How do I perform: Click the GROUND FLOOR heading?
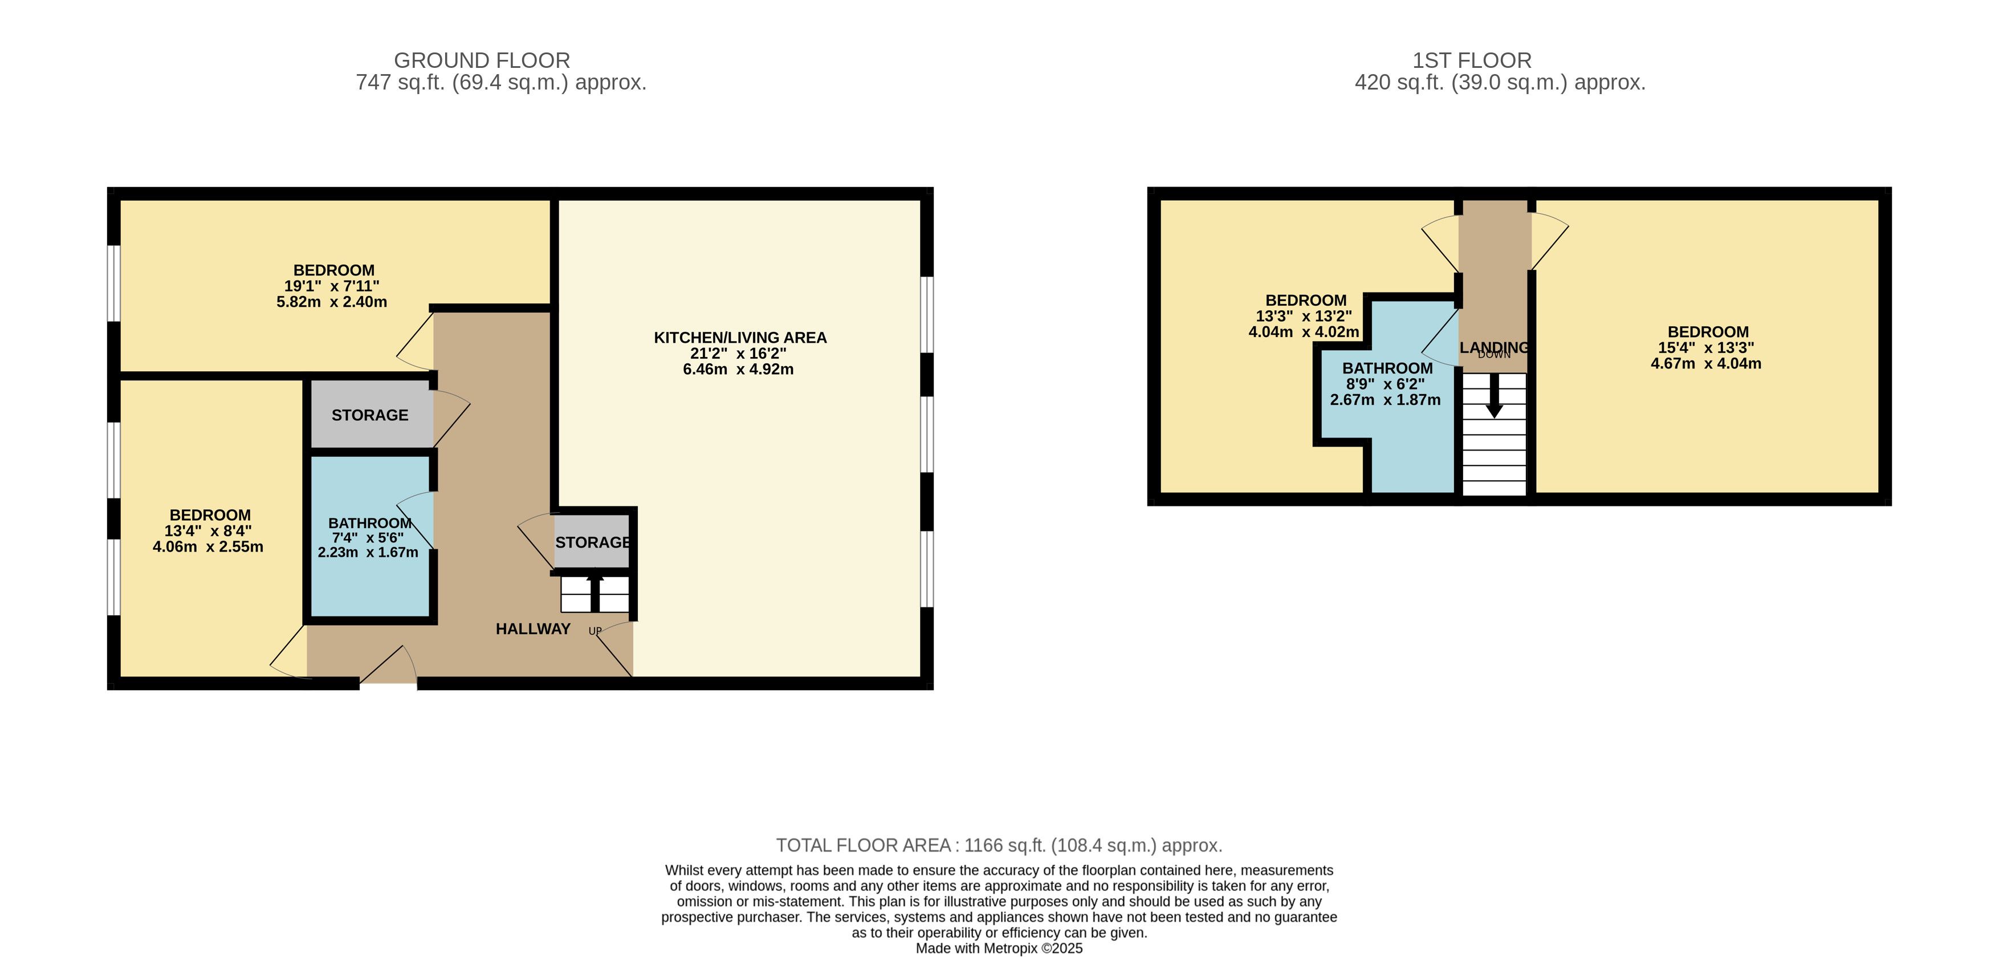[482, 60]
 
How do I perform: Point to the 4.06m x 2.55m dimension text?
[208, 546]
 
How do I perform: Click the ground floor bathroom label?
[369, 523]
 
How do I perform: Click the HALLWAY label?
[533, 628]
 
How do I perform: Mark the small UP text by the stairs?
[595, 631]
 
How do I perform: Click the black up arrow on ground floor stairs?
[595, 592]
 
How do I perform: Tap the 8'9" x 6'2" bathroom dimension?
[1385, 384]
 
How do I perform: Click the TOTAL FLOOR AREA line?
[1000, 845]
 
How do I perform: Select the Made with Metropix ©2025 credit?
[1000, 948]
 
